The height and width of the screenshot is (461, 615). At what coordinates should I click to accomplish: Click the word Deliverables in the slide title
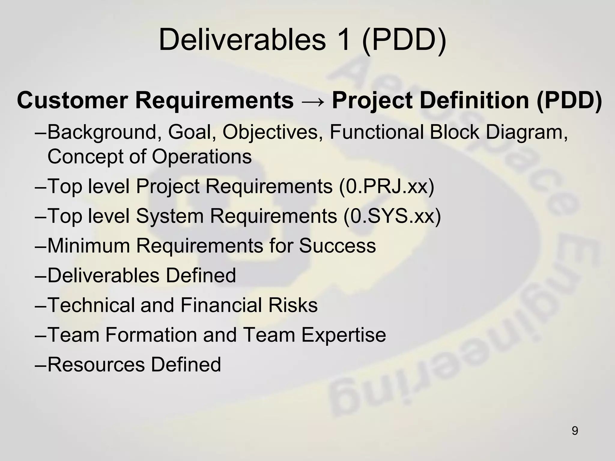point(242,40)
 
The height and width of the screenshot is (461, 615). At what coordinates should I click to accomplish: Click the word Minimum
point(89,246)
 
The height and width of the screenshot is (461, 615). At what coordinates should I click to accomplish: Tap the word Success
point(337,246)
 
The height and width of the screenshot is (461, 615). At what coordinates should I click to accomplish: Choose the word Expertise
point(344,335)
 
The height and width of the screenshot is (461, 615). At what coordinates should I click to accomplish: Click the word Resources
point(96,365)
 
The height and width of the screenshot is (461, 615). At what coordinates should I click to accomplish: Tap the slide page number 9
point(575,431)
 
